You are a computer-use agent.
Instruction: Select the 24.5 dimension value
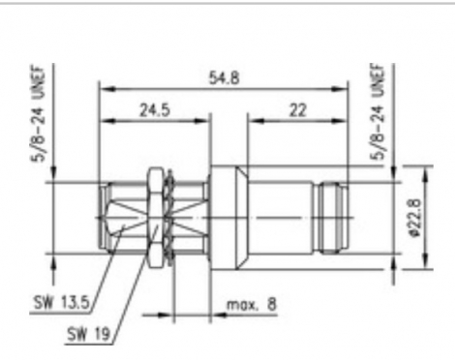pos(150,109)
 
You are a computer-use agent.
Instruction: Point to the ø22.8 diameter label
pos(414,217)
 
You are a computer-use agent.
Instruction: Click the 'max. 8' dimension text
pos(251,305)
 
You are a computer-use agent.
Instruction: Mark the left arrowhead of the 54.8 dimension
pos(104,88)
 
